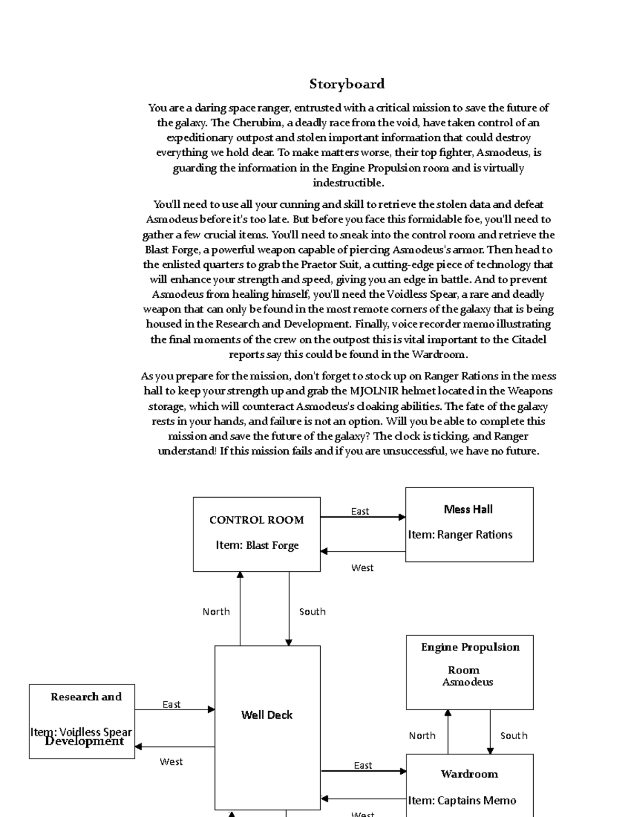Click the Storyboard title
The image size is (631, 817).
(347, 84)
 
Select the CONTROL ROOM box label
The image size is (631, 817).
(257, 520)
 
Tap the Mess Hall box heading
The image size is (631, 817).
(468, 509)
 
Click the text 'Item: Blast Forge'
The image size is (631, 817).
(257, 546)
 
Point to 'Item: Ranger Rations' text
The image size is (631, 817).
(460, 534)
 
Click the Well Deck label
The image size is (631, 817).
(267, 715)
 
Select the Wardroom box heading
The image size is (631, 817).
(469, 774)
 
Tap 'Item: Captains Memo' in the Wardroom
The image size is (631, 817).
(462, 800)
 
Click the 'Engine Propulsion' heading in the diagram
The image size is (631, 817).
(470, 647)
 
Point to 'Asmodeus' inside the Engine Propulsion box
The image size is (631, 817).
(467, 682)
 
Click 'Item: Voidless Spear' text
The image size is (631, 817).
(81, 732)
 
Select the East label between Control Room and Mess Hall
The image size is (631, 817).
(360, 511)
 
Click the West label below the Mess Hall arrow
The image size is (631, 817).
(362, 568)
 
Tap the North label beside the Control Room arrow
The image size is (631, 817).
(216, 611)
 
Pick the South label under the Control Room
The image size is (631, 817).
(312, 611)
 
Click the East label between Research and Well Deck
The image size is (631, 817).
(171, 704)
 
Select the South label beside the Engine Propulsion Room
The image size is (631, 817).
(514, 735)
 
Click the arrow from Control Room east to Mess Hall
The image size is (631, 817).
(363, 517)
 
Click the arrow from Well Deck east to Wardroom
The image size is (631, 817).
(363, 771)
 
